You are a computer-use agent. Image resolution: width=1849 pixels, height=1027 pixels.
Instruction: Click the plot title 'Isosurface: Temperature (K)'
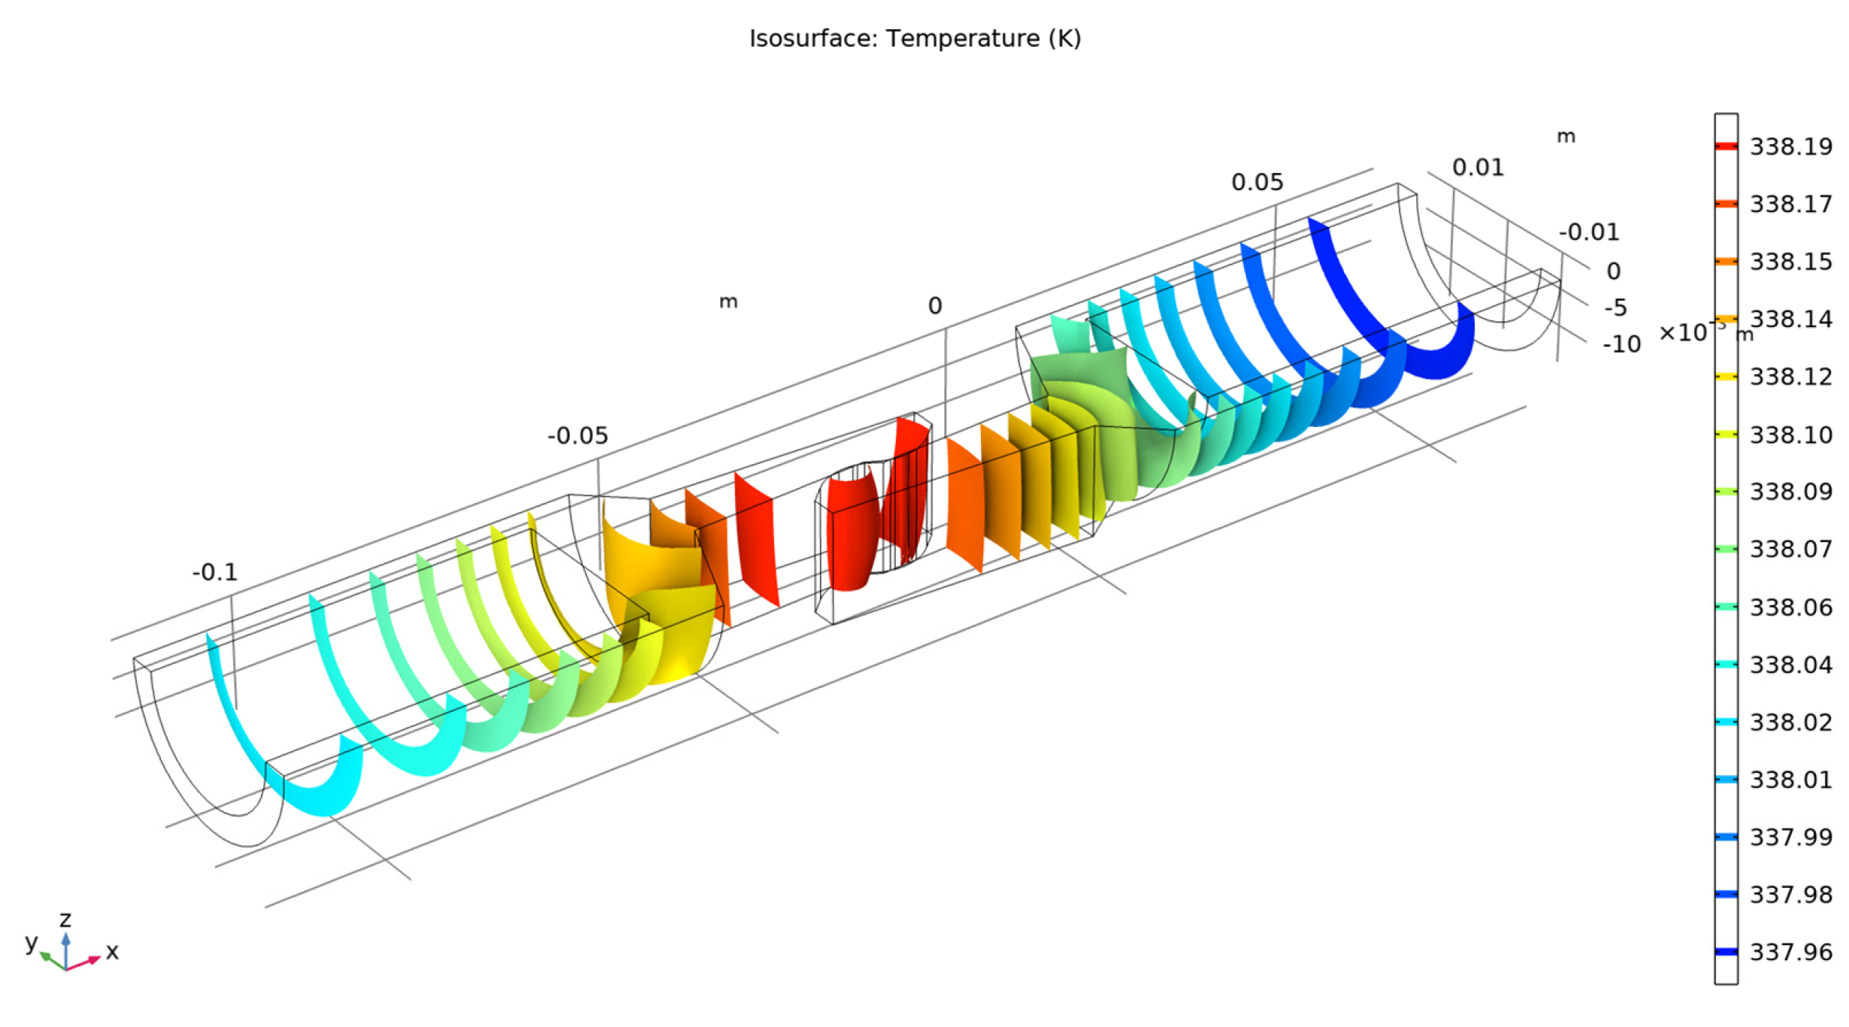click(x=915, y=38)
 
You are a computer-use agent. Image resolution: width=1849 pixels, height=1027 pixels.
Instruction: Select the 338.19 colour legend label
click(x=1791, y=147)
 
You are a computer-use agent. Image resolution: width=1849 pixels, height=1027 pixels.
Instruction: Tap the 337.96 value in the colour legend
click(x=1791, y=953)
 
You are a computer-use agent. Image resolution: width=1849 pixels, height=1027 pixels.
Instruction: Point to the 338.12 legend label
click(x=1791, y=377)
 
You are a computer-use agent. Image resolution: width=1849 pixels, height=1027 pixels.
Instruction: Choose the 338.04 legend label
click(x=1791, y=665)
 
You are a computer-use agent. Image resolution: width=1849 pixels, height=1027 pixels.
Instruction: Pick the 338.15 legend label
click(x=1791, y=262)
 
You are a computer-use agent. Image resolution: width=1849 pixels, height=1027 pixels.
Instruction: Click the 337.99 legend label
click(x=1791, y=837)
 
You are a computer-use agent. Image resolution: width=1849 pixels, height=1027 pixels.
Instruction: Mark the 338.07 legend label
click(x=1791, y=549)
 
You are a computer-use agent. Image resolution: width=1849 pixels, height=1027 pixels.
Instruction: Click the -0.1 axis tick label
click(x=215, y=573)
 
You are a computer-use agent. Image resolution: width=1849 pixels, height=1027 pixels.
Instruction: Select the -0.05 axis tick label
click(x=577, y=436)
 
